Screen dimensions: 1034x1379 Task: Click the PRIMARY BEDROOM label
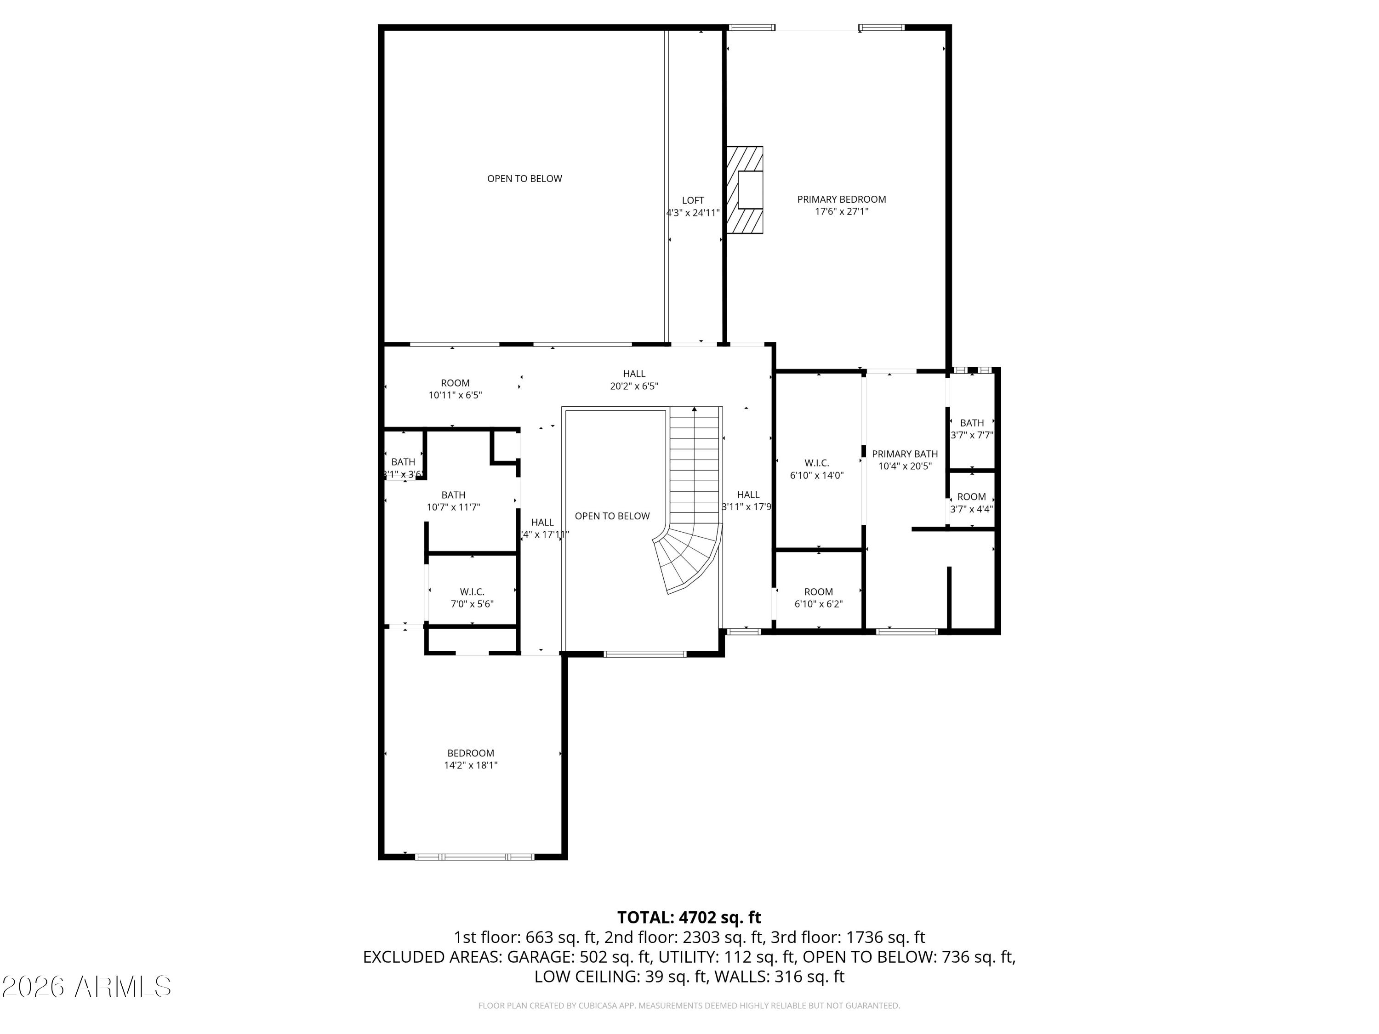pos(841,199)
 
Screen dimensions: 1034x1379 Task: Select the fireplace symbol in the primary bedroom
pos(746,190)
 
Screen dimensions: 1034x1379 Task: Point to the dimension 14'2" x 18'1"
pos(471,765)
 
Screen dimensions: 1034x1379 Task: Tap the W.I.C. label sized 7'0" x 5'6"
pos(472,592)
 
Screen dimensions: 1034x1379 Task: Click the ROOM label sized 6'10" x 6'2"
pos(819,592)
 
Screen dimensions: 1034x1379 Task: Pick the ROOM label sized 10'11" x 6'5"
pos(455,383)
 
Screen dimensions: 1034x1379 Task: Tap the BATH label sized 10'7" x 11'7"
pos(453,495)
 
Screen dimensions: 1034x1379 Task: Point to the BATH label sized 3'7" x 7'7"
pos(972,423)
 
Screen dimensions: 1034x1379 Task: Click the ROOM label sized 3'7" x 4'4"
pos(972,497)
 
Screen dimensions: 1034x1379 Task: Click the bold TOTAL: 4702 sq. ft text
pos(689,917)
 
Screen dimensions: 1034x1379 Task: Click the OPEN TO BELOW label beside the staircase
pos(612,516)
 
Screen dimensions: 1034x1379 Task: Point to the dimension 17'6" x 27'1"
pos(842,212)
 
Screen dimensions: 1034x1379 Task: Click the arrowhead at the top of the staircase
pos(695,409)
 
